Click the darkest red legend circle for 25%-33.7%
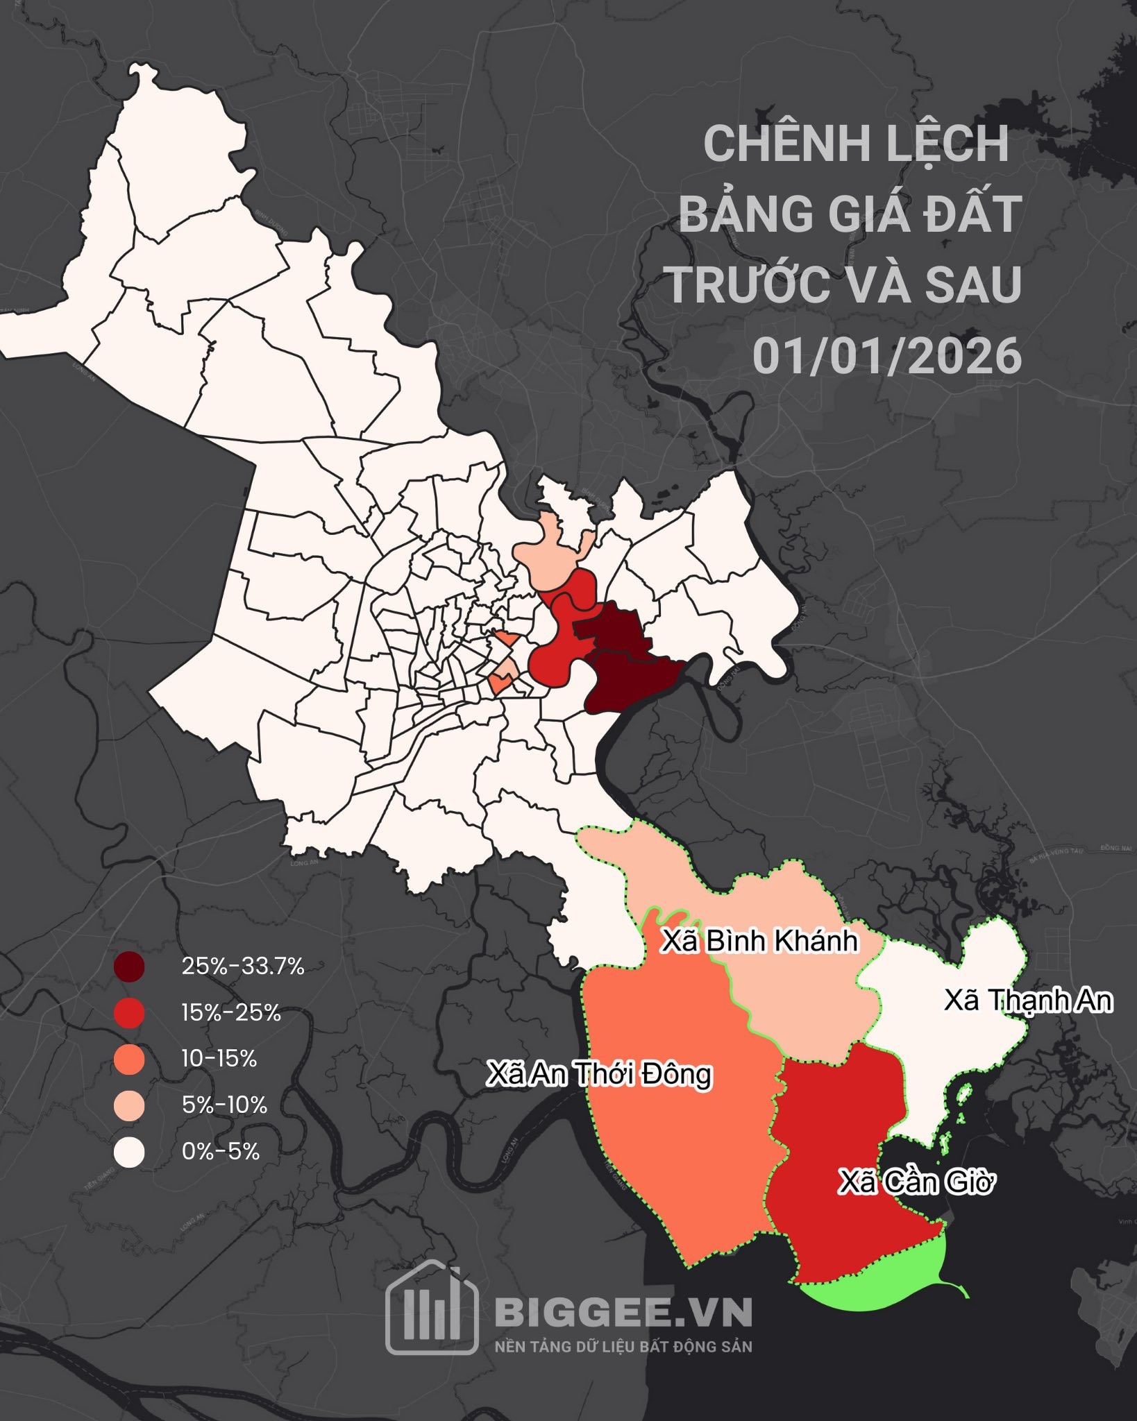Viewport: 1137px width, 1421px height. pyautogui.click(x=130, y=967)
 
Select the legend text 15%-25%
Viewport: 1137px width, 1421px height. pyautogui.click(x=231, y=1013)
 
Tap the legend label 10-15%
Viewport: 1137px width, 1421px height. pyautogui.click(x=219, y=1059)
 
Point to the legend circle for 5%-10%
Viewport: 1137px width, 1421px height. pyautogui.click(x=130, y=1105)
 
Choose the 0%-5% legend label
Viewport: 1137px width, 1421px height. pyautogui.click(x=220, y=1152)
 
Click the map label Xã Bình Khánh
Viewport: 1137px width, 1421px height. pyautogui.click(x=759, y=942)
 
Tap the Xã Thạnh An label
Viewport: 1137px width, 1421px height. pyautogui.click(x=1028, y=1001)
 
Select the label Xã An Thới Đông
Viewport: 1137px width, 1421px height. pyautogui.click(x=599, y=1073)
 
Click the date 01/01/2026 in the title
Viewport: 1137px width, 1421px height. pyautogui.click(x=887, y=356)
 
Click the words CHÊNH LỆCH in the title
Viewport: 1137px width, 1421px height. pyautogui.click(x=856, y=144)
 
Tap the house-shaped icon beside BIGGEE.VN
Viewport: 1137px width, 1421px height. pyautogui.click(x=432, y=1311)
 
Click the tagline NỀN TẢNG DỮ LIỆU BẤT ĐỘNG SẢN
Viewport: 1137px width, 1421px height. pyautogui.click(x=623, y=1347)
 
